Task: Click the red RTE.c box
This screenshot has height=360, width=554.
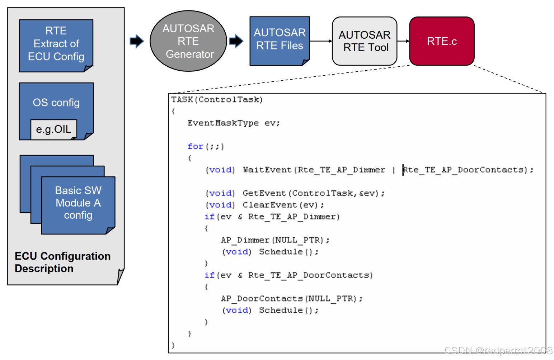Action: coord(442,41)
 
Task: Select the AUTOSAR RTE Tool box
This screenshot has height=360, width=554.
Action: coord(364,41)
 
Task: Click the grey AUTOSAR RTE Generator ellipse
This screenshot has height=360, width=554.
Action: coord(188,41)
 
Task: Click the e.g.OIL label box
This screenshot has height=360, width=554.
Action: coord(54,129)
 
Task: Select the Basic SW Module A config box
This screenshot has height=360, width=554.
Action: coord(78,203)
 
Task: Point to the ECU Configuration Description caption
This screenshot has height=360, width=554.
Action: coord(62,262)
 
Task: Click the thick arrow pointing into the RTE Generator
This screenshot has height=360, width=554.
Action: coord(136,41)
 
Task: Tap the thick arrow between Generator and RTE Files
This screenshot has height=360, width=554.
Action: coord(236,41)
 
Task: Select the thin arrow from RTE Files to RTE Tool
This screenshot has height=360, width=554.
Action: coord(321,41)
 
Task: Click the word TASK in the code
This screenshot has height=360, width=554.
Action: coord(182,99)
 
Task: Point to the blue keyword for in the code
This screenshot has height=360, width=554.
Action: coord(195,146)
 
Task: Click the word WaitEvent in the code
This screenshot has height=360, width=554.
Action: coord(267,170)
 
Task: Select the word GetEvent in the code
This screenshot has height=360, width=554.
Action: coord(264,193)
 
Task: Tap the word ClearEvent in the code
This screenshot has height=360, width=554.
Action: coord(270,205)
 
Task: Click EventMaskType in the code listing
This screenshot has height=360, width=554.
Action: coord(223,123)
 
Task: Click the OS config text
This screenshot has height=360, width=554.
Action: coord(56,103)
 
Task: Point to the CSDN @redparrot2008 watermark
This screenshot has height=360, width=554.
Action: coord(498,350)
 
